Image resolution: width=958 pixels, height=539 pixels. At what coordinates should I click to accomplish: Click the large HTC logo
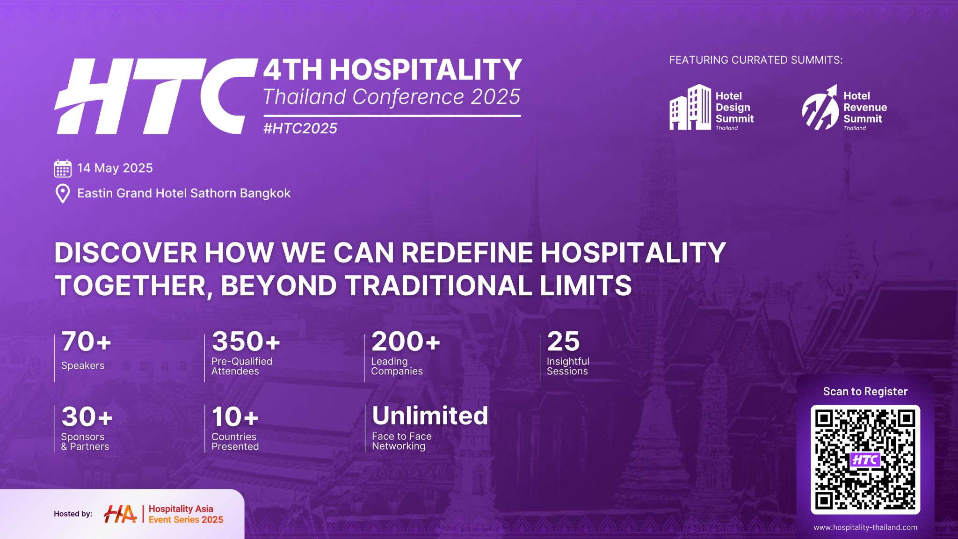pos(156,96)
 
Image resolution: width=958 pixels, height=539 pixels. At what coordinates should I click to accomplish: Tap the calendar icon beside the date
pos(63,168)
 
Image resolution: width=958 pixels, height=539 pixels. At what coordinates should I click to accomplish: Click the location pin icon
pos(63,194)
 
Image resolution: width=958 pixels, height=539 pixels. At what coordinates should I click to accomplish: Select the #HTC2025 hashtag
pos(300,128)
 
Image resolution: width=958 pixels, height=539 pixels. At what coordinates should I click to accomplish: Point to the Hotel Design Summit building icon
pos(690,107)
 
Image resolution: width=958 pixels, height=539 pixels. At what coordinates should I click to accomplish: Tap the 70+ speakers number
pos(87,342)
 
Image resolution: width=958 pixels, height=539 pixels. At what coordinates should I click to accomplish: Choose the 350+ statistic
pos(246,342)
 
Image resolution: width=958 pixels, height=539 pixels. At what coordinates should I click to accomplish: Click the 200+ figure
pos(406,342)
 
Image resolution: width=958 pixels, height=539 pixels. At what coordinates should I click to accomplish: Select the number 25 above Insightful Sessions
pos(564,342)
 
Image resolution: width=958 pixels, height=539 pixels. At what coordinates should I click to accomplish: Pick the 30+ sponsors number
pos(87,417)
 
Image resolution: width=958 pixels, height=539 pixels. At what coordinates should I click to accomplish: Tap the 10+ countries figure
pos(235,417)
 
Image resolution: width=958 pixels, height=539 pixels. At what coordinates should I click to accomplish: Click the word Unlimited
pos(430,415)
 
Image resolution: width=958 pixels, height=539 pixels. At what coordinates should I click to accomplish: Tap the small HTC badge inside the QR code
pos(865,460)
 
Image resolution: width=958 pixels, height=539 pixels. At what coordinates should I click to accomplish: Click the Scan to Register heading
pos(865,392)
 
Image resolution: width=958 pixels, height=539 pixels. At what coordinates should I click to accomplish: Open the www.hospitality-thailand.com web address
pos(865,527)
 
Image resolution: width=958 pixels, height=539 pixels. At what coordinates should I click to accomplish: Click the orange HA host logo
pos(120,514)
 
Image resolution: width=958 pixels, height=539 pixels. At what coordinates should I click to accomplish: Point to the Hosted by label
pos(73,514)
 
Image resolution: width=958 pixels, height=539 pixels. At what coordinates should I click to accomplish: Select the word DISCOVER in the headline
pos(126,253)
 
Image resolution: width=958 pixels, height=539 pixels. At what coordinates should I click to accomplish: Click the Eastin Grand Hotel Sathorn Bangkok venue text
pos(184,193)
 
